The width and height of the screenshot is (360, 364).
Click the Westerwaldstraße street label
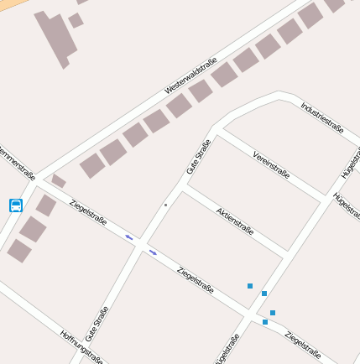[191, 75]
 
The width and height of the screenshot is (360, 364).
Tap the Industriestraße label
[321, 117]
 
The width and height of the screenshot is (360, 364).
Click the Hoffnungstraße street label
[81, 345]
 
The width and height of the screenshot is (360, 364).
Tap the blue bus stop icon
[15, 205]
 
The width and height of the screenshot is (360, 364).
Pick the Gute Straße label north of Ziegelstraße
[199, 156]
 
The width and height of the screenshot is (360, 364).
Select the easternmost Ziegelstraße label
[303, 344]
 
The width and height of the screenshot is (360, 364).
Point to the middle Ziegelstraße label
[196, 280]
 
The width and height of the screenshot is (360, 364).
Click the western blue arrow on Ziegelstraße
[129, 237]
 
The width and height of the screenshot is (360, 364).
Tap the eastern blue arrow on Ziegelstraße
[153, 252]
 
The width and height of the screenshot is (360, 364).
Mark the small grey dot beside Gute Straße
[165, 205]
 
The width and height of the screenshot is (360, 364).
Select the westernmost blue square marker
[250, 286]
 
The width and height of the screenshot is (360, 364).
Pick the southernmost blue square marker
[265, 322]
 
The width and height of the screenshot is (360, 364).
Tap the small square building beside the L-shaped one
[76, 20]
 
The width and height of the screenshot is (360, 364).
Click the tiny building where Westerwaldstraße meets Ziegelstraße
[58, 180]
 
